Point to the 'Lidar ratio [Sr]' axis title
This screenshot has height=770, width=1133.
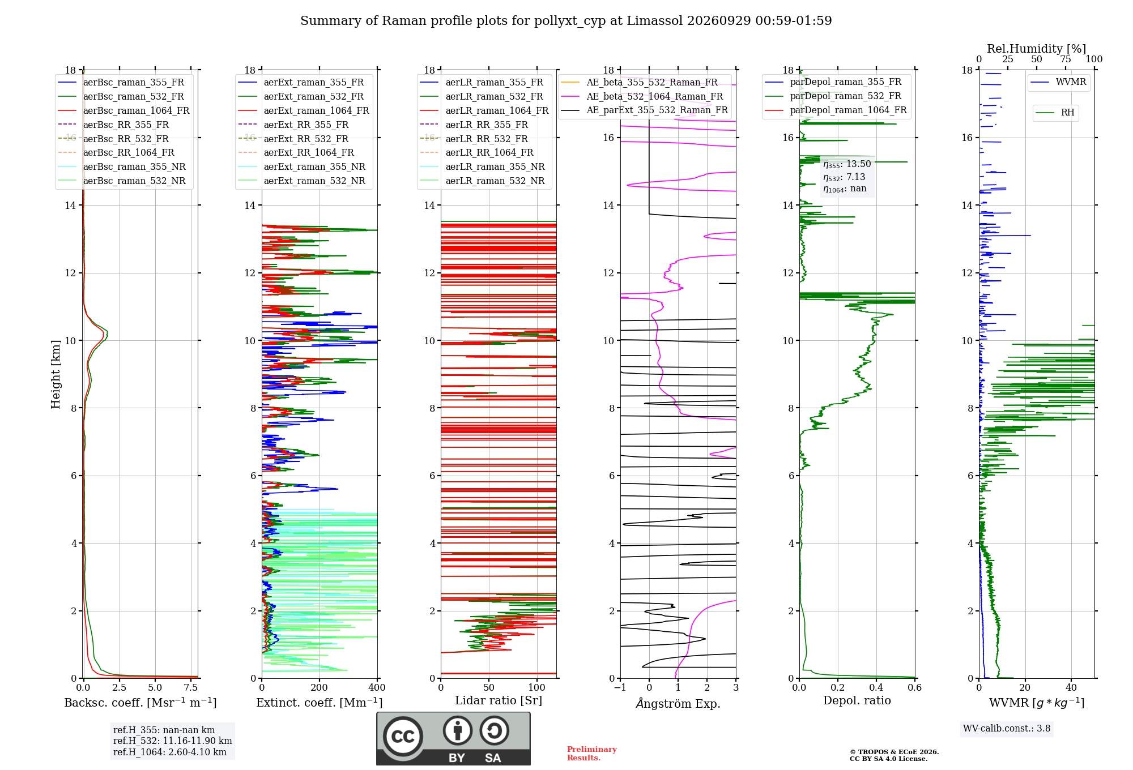click(x=499, y=700)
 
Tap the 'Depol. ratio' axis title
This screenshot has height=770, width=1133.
click(x=857, y=700)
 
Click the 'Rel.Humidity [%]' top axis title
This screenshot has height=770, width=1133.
click(x=1036, y=49)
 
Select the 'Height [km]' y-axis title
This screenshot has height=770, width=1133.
click(x=56, y=374)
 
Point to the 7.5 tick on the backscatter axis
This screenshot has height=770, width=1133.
click(x=191, y=687)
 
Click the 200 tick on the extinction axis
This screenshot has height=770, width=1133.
click(x=319, y=687)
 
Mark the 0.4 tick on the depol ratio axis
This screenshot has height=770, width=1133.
click(x=876, y=687)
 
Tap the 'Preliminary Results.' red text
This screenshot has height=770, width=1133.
click(x=592, y=754)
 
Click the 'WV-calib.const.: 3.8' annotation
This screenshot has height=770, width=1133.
click(x=1007, y=729)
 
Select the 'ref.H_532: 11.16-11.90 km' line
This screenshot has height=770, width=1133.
click(x=172, y=741)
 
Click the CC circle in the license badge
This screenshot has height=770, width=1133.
click(x=403, y=737)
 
